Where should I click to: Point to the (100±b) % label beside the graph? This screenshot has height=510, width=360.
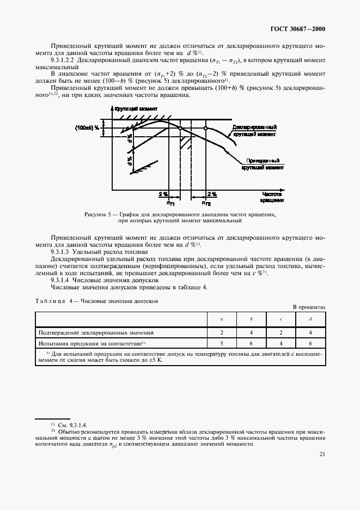88,128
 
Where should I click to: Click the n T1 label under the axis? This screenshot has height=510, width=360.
170,203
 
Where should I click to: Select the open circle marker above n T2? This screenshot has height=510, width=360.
205,129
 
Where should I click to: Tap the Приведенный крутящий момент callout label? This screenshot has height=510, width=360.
263,165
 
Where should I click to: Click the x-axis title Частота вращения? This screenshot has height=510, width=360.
271,197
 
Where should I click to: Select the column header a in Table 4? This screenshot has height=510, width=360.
221,319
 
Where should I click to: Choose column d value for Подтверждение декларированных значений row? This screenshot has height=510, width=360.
310,332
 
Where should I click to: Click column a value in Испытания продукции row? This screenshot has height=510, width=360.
221,344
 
